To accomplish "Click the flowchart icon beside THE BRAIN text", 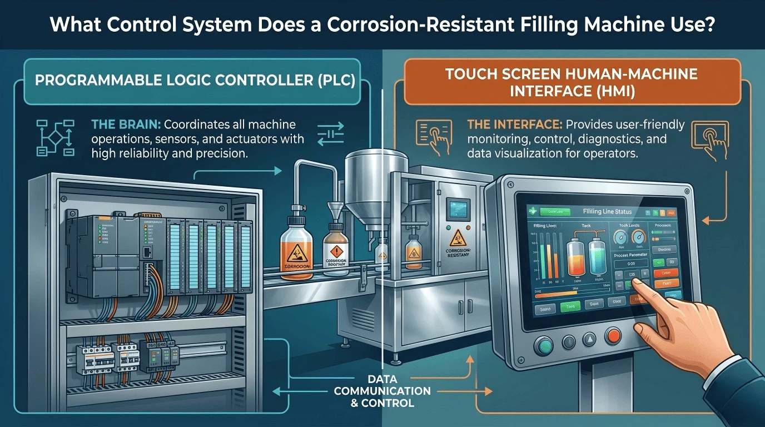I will pos(54,137).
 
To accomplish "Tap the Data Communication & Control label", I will pos(383,390).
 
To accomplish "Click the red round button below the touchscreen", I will pos(614,336).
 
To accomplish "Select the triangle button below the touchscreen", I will pos(589,339).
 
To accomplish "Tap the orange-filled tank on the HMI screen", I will pos(577,256).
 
